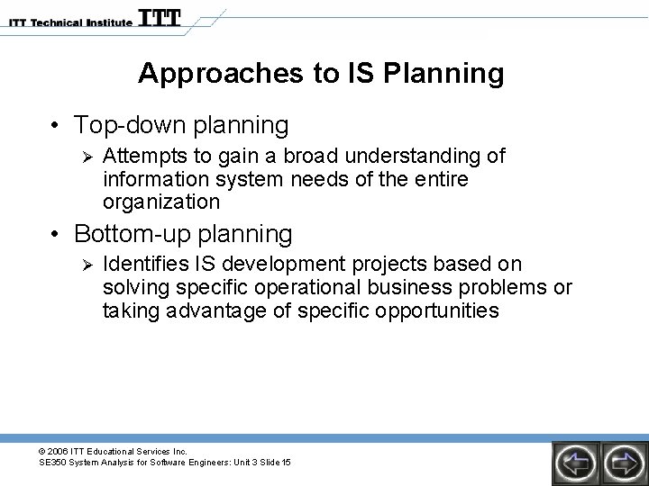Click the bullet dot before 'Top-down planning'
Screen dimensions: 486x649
56,124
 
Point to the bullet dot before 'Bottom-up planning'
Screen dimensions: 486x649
56,235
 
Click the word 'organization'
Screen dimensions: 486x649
161,201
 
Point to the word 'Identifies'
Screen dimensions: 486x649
142,265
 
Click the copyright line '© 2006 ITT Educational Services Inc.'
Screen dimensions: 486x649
113,450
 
